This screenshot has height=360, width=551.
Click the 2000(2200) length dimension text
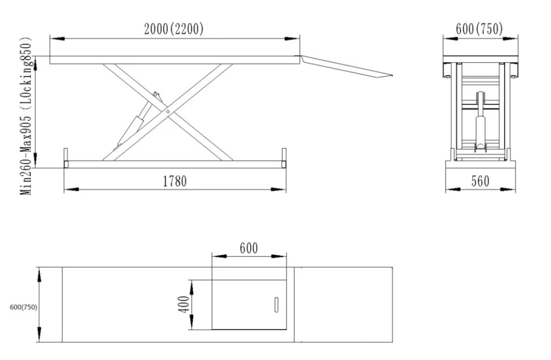pos(174,30)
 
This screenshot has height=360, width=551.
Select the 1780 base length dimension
pos(174,181)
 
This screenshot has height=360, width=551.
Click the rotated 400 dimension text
pos(184,304)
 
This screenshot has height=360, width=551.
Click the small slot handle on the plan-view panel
pos(276,305)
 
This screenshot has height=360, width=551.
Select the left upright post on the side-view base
pos(66,157)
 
